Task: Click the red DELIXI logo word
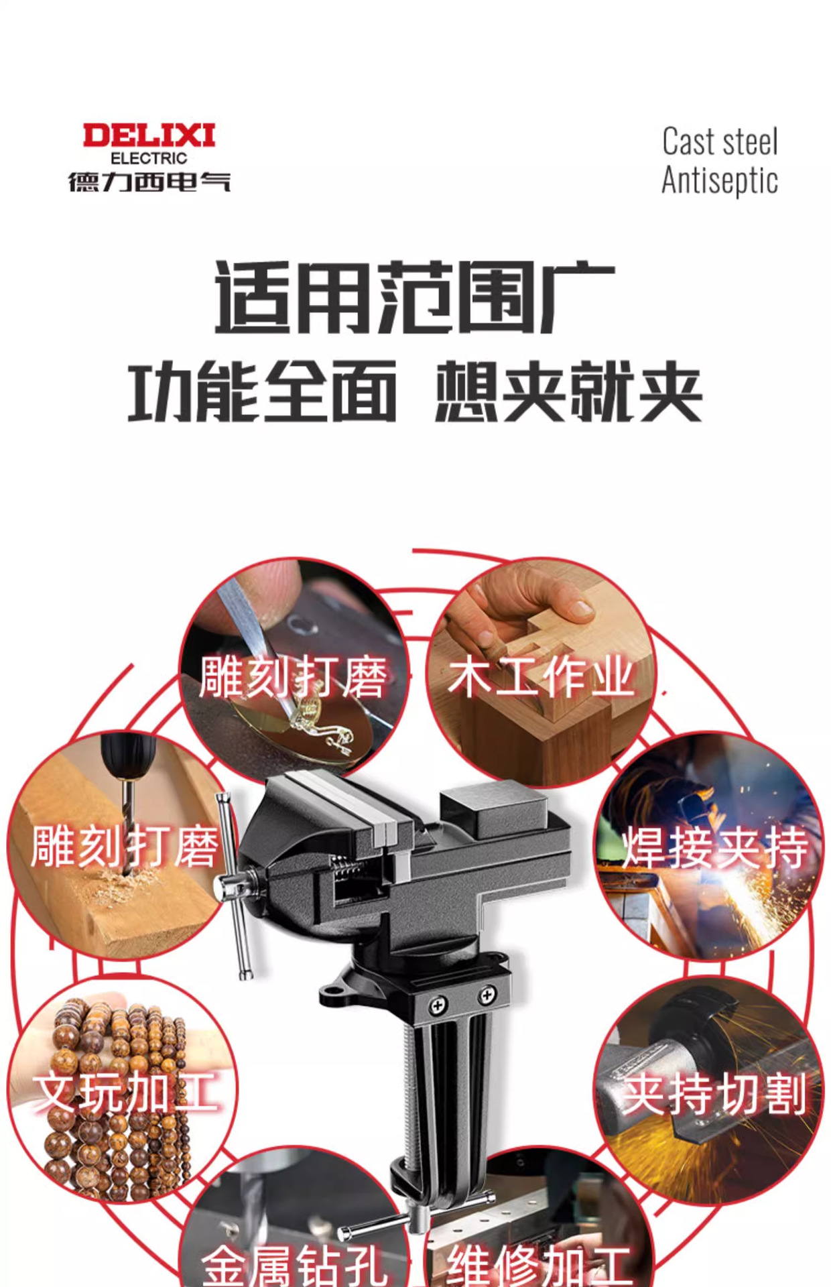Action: (x=149, y=136)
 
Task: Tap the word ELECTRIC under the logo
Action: (x=149, y=159)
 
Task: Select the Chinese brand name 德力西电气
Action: (x=149, y=182)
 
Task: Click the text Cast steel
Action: (x=720, y=142)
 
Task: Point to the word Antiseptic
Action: (x=720, y=181)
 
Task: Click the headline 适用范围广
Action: (x=414, y=298)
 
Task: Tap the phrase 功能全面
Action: (x=263, y=392)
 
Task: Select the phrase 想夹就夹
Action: (x=568, y=392)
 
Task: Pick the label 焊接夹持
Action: (x=715, y=848)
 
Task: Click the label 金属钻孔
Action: (x=294, y=1264)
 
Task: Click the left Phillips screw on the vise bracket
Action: (x=438, y=1005)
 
